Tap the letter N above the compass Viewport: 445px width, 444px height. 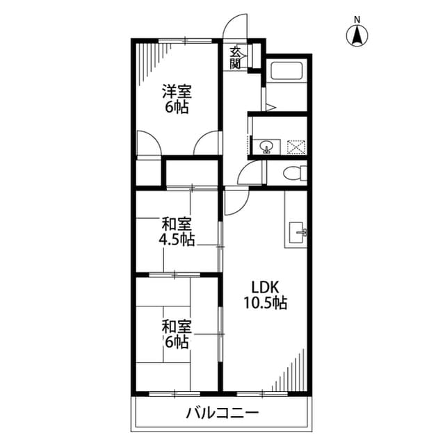[x=357, y=19]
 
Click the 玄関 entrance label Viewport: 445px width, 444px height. [x=236, y=58]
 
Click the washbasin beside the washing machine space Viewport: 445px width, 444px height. [x=266, y=147]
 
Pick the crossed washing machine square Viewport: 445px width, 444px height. [x=297, y=147]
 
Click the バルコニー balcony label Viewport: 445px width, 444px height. [x=222, y=413]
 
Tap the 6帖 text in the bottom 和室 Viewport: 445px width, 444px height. [x=177, y=342]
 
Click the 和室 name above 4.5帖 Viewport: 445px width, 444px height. [x=177, y=224]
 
